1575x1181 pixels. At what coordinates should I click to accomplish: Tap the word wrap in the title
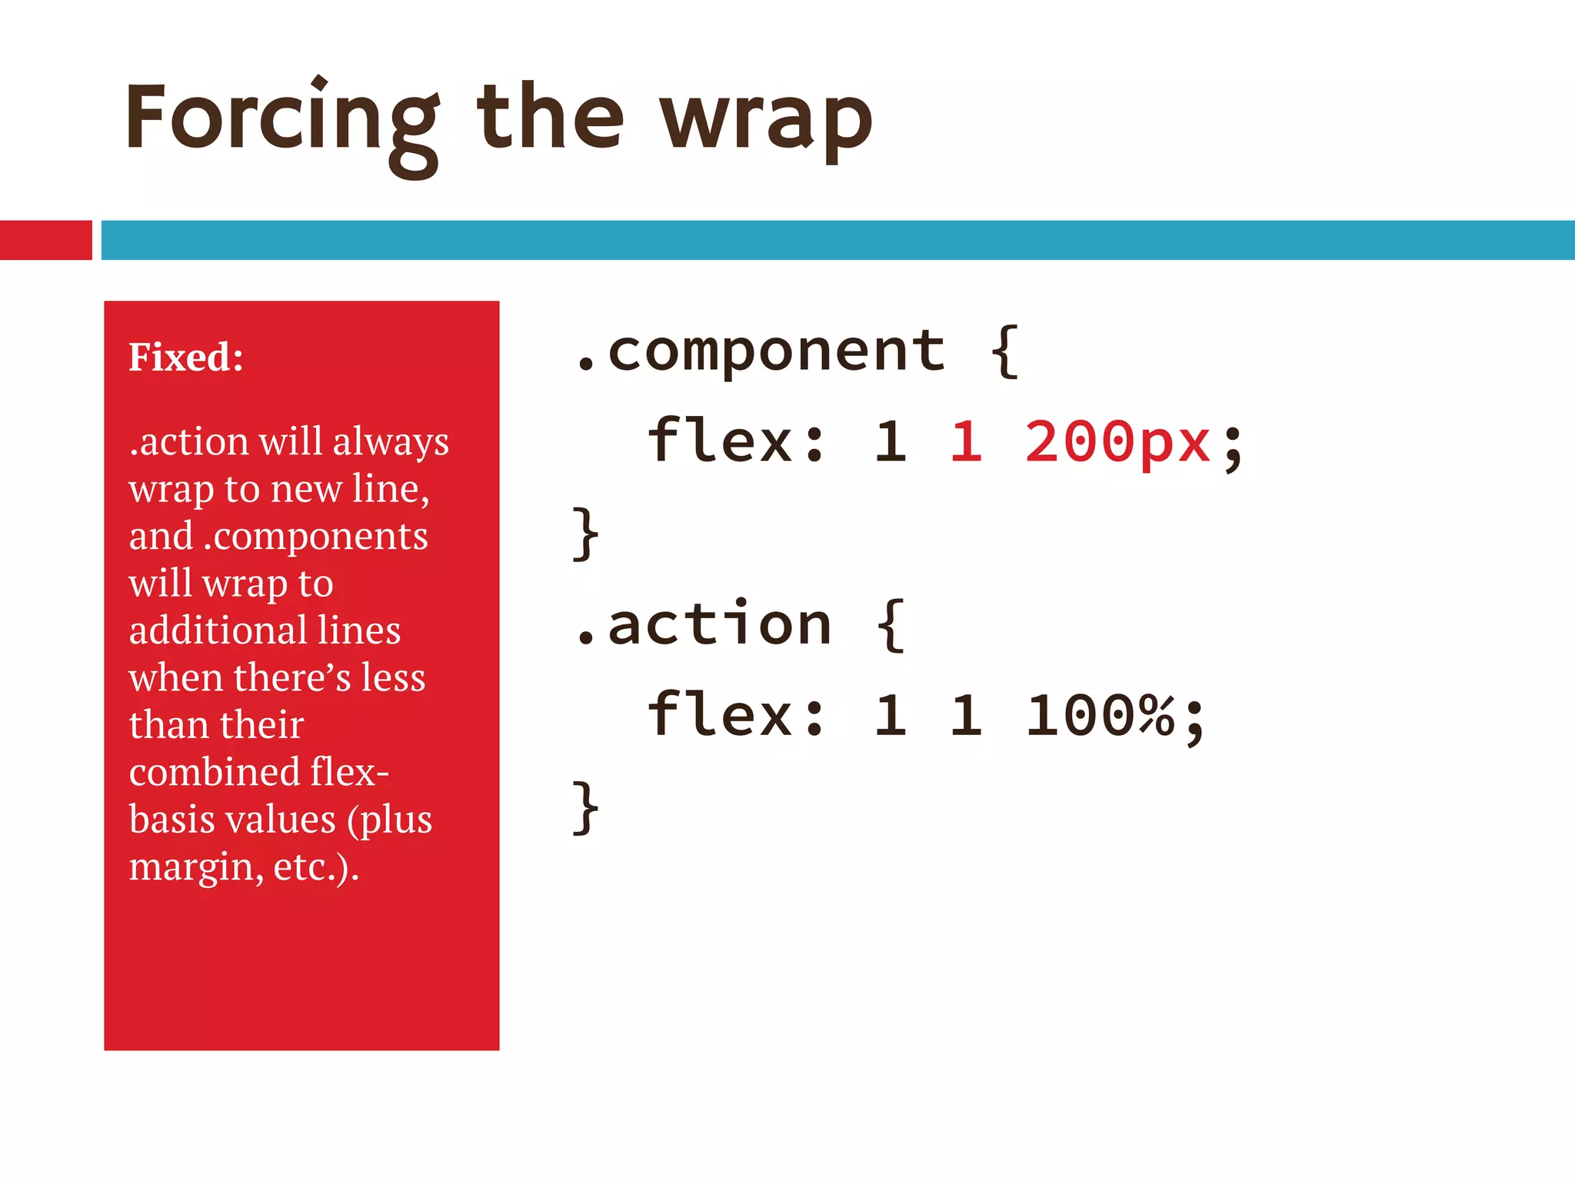pos(766,119)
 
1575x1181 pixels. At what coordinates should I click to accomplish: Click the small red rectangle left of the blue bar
pos(45,240)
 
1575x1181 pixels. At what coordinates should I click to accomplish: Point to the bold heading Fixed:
pos(186,357)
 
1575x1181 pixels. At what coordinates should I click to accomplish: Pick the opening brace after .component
pos(1004,351)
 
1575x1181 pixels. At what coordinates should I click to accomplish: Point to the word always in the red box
pos(391,442)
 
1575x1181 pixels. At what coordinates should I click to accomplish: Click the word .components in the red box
pos(315,536)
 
